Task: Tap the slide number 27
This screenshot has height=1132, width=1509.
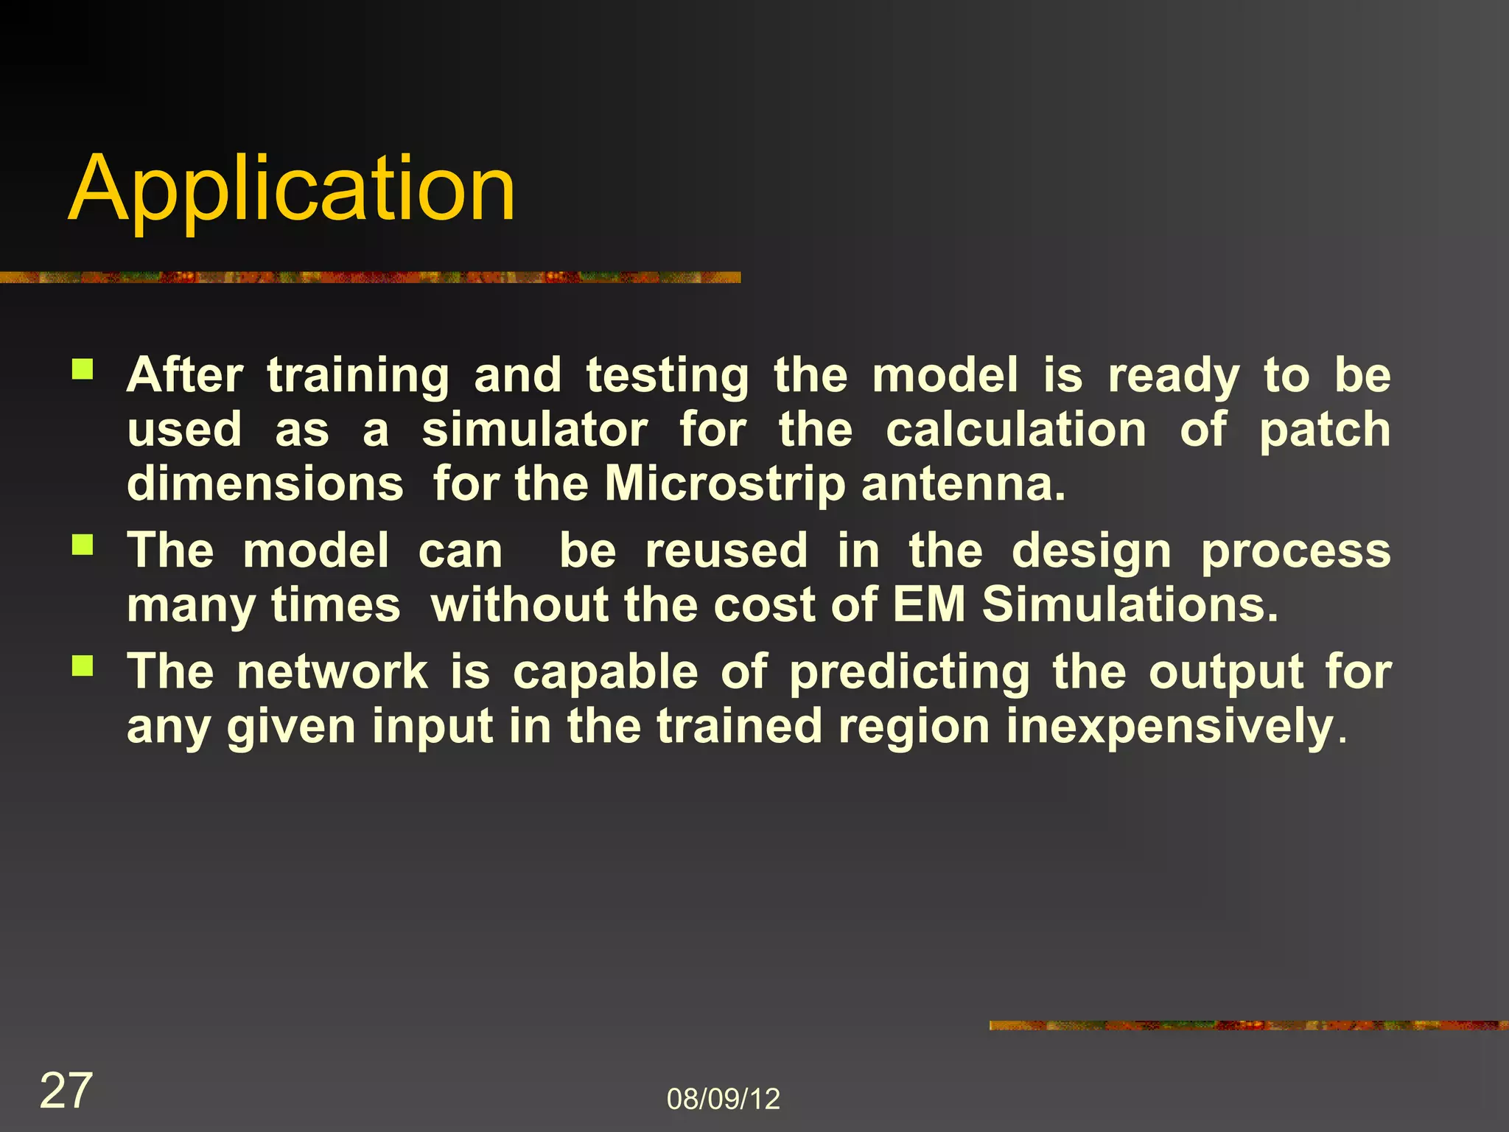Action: pos(66,1091)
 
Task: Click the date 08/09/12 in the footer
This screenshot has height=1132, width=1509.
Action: pos(723,1099)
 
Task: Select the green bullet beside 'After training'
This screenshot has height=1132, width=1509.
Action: pos(83,368)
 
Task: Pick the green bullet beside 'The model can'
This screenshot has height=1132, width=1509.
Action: pos(83,545)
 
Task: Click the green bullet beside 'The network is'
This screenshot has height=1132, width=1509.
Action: pos(83,666)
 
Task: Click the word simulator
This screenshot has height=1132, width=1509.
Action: pos(534,430)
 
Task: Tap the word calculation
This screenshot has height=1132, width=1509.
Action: pos(1016,430)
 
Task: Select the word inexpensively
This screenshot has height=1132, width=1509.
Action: pos(1170,727)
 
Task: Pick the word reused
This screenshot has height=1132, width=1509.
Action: pos(727,551)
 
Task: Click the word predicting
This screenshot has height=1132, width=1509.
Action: pos(909,672)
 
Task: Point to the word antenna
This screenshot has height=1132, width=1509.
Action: pos(962,485)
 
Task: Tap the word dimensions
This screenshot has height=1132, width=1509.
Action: pos(265,485)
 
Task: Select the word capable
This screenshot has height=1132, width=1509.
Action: pos(605,672)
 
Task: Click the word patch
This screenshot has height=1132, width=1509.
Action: pos(1324,430)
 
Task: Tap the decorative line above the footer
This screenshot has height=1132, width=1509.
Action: pos(1248,1025)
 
